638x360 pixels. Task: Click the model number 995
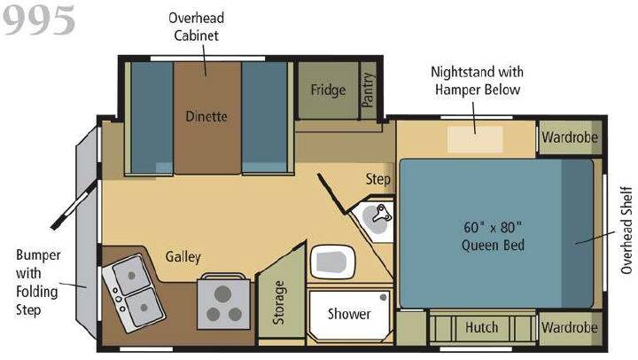tap(39, 20)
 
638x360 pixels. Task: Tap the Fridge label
tap(328, 90)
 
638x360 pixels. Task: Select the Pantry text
tap(368, 90)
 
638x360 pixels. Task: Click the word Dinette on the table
tap(206, 116)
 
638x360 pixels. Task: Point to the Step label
tap(377, 179)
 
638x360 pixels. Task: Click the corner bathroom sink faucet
tap(382, 214)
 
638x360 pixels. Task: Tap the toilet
tap(332, 262)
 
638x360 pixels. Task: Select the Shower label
tap(349, 314)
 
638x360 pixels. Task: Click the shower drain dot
tap(383, 298)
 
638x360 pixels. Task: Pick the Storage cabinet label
tap(279, 302)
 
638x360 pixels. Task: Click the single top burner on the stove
tap(222, 294)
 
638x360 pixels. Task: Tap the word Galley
tap(183, 257)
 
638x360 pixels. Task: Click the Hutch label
tap(481, 327)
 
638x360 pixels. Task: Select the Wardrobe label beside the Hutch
tap(569, 327)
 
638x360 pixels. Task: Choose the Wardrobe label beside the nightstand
tap(570, 137)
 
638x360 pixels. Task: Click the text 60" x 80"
tap(493, 227)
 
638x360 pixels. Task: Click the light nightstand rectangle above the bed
tap(475, 140)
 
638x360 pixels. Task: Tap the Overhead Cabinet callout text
tap(196, 27)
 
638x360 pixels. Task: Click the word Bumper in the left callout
tap(38, 255)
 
